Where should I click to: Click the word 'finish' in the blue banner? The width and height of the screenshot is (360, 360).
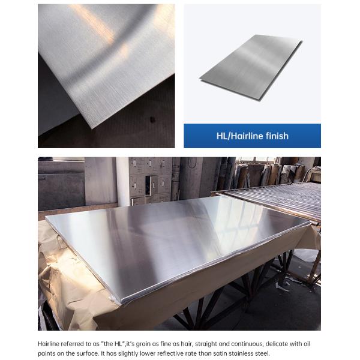[x=277, y=136]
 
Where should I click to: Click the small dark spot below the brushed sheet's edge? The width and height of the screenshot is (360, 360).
[x=152, y=119]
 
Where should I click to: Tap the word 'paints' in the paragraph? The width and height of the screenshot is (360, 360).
[x=46, y=354]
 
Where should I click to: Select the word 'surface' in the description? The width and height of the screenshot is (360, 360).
[x=88, y=353]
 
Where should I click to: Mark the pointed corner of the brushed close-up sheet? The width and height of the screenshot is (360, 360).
[x=92, y=128]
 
